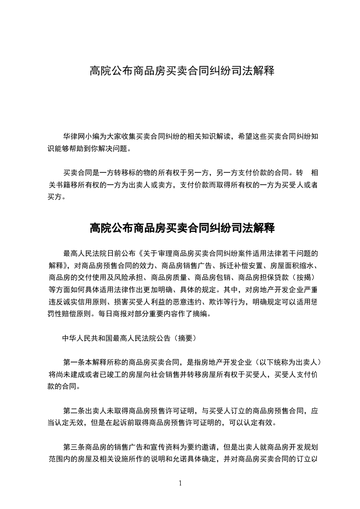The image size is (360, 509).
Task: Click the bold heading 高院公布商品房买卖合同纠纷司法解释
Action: pyautogui.click(x=182, y=228)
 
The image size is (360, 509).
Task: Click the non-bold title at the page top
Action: pyautogui.click(x=182, y=71)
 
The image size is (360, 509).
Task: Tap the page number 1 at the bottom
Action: pyautogui.click(x=180, y=483)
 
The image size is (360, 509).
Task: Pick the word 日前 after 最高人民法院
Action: pyautogui.click(x=122, y=253)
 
